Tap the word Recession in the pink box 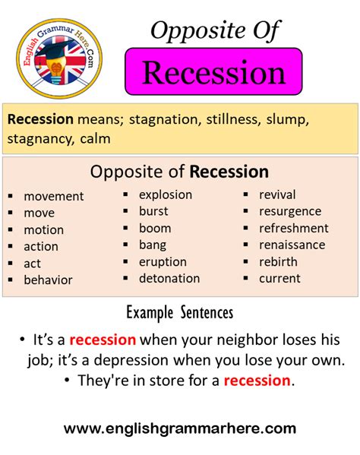pyautogui.click(x=213, y=73)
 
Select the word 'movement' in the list pyautogui.click(x=53, y=196)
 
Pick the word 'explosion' pyautogui.click(x=166, y=194)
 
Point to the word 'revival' pyautogui.click(x=277, y=194)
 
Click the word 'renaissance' pyautogui.click(x=292, y=245)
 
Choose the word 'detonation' pyautogui.click(x=169, y=278)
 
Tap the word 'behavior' pyautogui.click(x=48, y=280)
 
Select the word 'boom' pyautogui.click(x=155, y=228)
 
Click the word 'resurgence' pyautogui.click(x=290, y=211)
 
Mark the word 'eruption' pyautogui.click(x=163, y=261)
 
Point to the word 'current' pyautogui.click(x=279, y=278)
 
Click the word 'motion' pyautogui.click(x=43, y=229)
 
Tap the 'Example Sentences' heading pyautogui.click(x=179, y=312)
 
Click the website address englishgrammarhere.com pyautogui.click(x=180, y=429)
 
